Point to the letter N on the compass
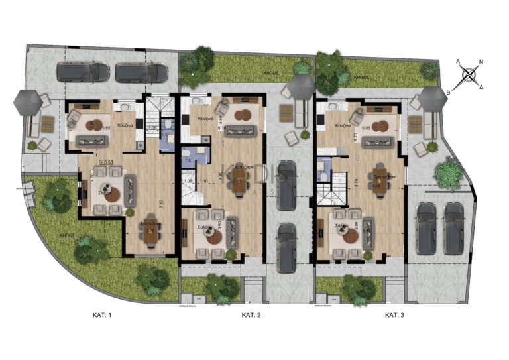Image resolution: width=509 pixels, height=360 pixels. pos(481,62)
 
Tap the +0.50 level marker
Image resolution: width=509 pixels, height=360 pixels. pos(105,161)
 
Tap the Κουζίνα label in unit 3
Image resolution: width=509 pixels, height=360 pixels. pos(343,125)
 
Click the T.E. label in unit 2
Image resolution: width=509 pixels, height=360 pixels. pos(189,159)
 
